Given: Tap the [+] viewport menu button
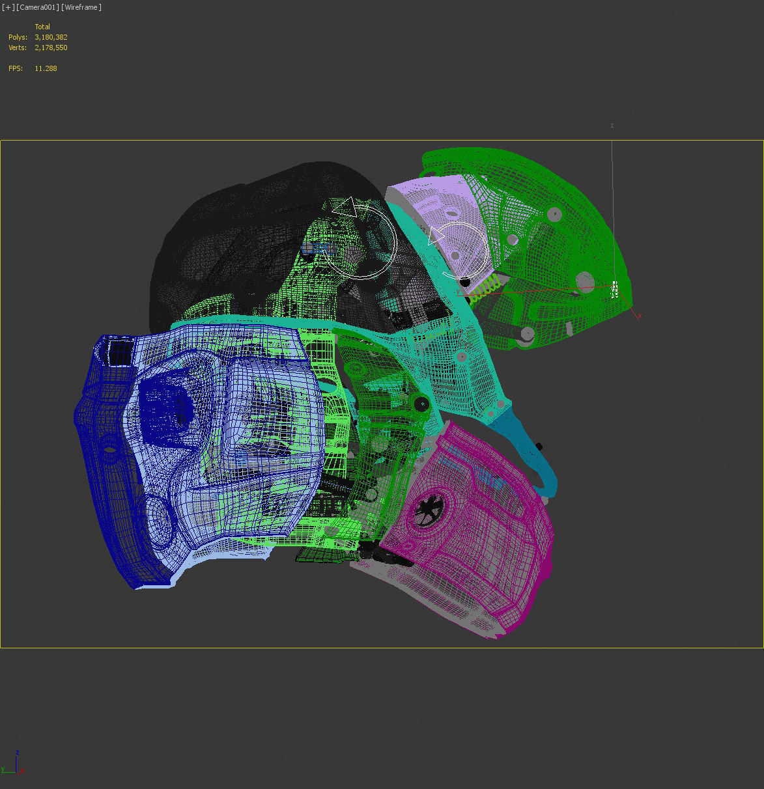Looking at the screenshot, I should click(8, 7).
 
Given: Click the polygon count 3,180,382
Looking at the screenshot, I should click(51, 37).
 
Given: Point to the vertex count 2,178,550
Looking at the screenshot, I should click(51, 48).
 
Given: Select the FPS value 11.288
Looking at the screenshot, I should click(46, 68).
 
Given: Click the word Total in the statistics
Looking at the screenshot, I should click(42, 27).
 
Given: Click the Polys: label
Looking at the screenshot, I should click(18, 37).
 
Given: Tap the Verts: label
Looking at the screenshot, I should click(18, 48).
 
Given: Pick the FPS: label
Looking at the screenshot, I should click(16, 68).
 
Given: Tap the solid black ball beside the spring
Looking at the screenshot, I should click(464, 282).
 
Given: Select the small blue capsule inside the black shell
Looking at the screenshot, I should click(316, 247).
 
